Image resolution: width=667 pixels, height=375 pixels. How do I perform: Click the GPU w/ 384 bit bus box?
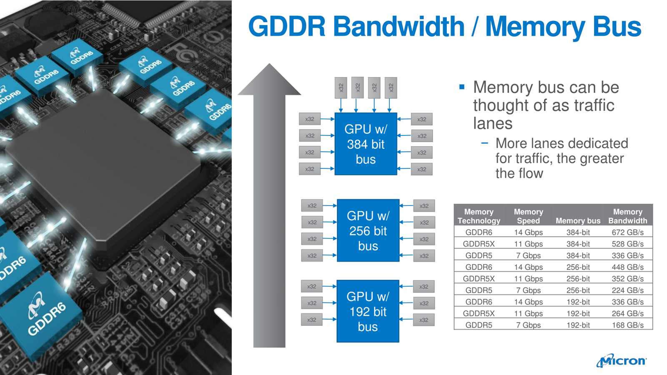[366, 144]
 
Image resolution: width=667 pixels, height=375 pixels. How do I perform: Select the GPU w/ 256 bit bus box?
[368, 230]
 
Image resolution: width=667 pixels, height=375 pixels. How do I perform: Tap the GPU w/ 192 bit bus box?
[368, 311]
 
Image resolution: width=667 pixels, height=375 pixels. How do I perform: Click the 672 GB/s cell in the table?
[627, 232]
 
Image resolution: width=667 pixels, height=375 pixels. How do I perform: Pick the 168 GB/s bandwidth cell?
[627, 325]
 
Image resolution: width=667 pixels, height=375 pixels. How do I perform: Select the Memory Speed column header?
[528, 216]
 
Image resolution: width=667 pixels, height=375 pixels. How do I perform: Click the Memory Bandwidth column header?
[627, 216]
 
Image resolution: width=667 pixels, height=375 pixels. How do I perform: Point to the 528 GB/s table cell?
[627, 244]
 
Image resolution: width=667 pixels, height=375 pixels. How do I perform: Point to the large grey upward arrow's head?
[270, 81]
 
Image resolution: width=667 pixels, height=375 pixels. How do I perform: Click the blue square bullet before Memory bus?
[461, 87]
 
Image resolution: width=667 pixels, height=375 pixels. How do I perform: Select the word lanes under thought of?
[492, 123]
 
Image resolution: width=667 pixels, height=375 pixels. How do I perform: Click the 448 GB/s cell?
[627, 267]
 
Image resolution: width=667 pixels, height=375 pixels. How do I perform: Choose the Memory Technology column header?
[479, 216]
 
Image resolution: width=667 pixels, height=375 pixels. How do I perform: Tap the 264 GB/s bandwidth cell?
[627, 313]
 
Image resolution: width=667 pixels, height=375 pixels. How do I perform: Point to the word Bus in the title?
[616, 27]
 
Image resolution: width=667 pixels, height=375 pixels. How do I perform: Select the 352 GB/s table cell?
[627, 279]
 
